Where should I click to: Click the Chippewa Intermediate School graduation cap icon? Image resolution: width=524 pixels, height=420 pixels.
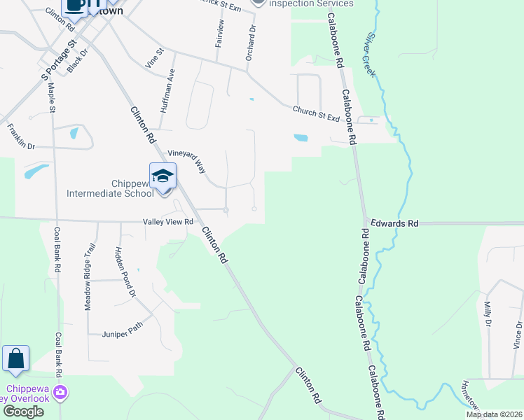pyautogui.click(x=163, y=176)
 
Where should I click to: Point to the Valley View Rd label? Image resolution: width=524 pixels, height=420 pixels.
pyautogui.click(x=167, y=222)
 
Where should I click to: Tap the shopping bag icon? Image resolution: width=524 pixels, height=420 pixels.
pyautogui.click(x=15, y=358)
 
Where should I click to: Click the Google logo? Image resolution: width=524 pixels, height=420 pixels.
pyautogui.click(x=23, y=412)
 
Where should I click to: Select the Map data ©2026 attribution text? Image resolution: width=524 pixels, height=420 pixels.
pyautogui.click(x=495, y=414)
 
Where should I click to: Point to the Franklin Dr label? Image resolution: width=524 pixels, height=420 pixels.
pyautogui.click(x=20, y=136)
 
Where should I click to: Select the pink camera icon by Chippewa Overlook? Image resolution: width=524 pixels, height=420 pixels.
pyautogui.click(x=61, y=391)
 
